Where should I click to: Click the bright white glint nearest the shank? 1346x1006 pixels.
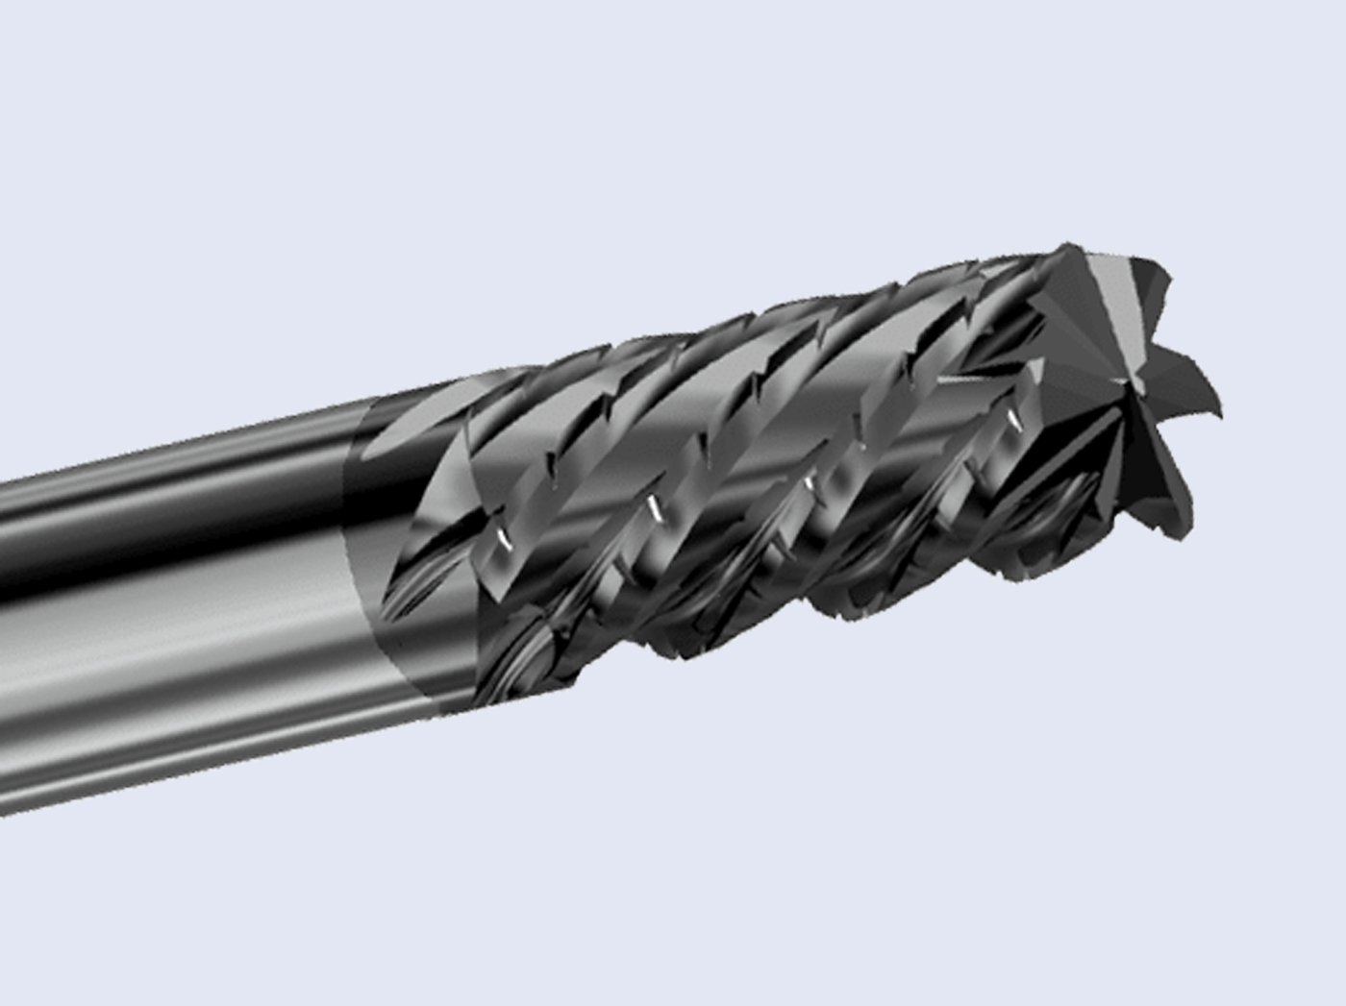point(501,540)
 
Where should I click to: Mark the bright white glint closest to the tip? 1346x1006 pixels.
point(1011,419)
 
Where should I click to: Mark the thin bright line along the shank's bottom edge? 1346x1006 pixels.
point(192,769)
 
